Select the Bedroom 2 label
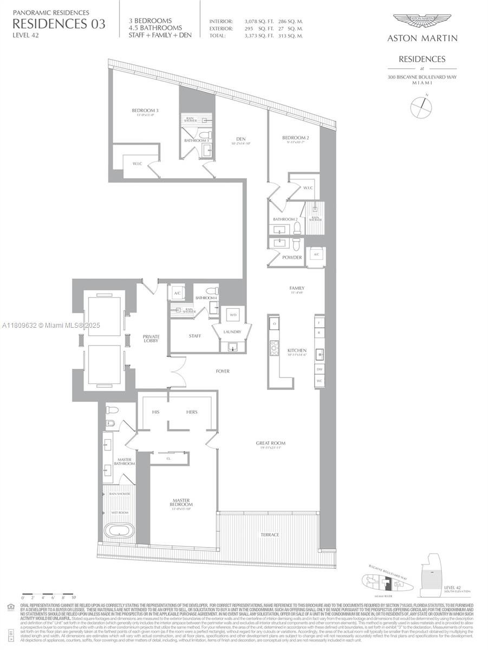point(296,138)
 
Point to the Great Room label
point(271,443)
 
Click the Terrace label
point(269,535)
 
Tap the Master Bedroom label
point(183,502)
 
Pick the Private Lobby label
point(151,339)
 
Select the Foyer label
point(222,371)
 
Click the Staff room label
point(195,336)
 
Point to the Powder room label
point(292,257)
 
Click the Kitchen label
point(297,350)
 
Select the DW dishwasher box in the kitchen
point(320,369)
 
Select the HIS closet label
point(156,412)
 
